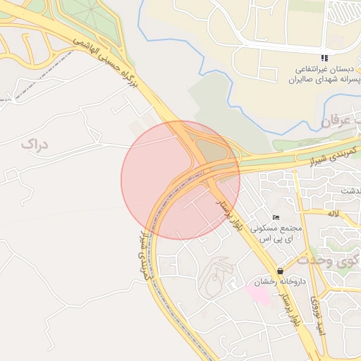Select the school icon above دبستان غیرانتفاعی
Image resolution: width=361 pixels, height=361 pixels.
[x=324, y=58]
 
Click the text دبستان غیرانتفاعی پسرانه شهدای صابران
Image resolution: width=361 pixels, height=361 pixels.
[x=322, y=75]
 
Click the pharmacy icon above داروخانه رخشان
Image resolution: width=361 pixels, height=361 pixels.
[x=281, y=271]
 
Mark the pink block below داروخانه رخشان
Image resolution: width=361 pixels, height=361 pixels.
[x=259, y=295]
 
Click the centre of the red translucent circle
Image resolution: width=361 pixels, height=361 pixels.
[x=180, y=180]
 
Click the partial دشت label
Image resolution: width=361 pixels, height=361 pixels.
[x=348, y=191]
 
